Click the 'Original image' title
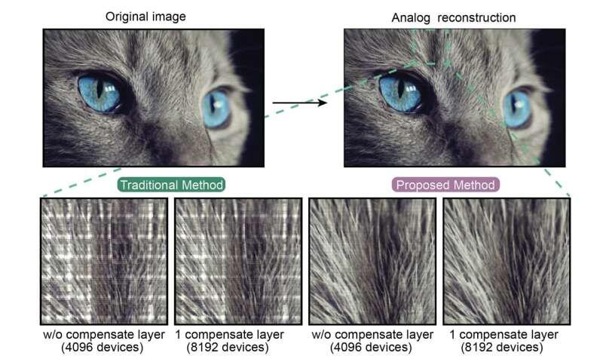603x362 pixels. pyautogui.click(x=145, y=17)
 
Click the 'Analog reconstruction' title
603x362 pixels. pyautogui.click(x=454, y=17)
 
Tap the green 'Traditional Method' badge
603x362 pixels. pyautogui.click(x=172, y=185)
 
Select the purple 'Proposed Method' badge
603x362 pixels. pyautogui.click(x=445, y=185)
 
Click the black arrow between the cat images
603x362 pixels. pyautogui.click(x=299, y=103)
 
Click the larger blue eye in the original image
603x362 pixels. pyautogui.click(x=99, y=93)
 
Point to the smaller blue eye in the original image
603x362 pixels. pyautogui.click(x=216, y=109)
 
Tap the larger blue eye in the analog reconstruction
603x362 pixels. pyautogui.click(x=400, y=93)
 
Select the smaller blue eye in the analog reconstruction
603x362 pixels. pyautogui.click(x=517, y=109)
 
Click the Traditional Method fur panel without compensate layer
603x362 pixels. pyautogui.click(x=104, y=261)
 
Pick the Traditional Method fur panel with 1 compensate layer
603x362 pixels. pyautogui.click(x=238, y=261)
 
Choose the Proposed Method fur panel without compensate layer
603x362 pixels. pyautogui.click(x=372, y=261)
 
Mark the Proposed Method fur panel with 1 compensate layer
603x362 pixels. pyautogui.click(x=507, y=261)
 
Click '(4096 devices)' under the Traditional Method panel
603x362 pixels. pyautogui.click(x=103, y=348)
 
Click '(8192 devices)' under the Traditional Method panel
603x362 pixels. pyautogui.click(x=228, y=348)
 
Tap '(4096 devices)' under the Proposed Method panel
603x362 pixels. pyautogui.click(x=371, y=348)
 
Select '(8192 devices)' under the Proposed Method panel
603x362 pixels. pyautogui.click(x=502, y=348)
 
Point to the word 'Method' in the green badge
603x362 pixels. pyautogui.click(x=203, y=185)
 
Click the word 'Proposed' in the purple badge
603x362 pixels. pyautogui.click(x=418, y=186)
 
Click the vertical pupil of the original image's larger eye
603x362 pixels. pyautogui.click(x=99, y=87)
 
